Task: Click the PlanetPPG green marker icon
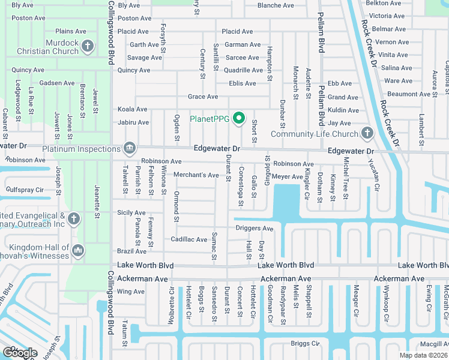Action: coord(238,118)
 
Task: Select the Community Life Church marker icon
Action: coord(367,133)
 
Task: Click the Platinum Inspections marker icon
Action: coord(129,149)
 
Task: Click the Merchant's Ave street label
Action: coord(196,175)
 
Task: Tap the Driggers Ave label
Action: coord(254,229)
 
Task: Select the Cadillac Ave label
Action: coord(189,239)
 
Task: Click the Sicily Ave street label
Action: coord(131,212)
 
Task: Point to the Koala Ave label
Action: coord(133,109)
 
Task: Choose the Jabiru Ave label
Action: coord(133,122)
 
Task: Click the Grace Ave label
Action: coord(203,97)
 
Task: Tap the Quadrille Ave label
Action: coord(244,70)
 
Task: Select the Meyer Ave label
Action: coord(288,177)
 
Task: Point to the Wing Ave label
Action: coord(131,292)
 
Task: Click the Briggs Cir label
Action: coord(306,343)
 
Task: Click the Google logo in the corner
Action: coord(19,353)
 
